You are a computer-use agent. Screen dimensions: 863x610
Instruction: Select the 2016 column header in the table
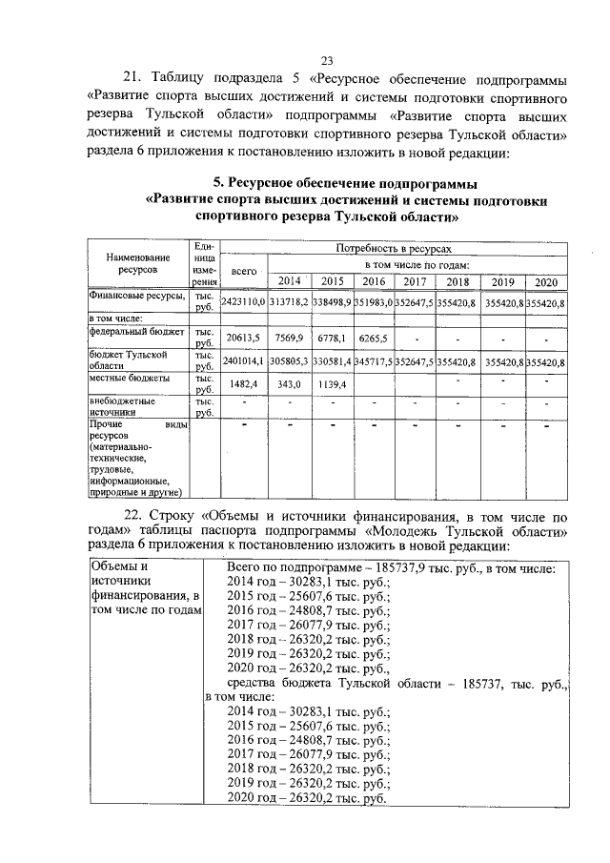[374, 281]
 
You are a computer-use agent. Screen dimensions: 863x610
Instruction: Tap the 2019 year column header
[501, 281]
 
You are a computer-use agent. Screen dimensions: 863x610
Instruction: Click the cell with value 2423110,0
[242, 302]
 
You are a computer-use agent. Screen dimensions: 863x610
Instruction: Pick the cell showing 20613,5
[244, 338]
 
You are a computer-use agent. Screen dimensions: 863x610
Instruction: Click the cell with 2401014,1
[242, 362]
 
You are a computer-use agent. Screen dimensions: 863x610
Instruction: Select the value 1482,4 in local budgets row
[244, 383]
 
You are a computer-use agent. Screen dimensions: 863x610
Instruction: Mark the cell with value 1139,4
[332, 383]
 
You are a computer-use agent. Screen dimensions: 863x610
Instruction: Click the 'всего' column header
[243, 272]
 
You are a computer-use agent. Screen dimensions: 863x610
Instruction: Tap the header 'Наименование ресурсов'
[138, 263]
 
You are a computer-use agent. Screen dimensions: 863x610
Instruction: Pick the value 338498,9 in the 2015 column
[332, 302]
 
